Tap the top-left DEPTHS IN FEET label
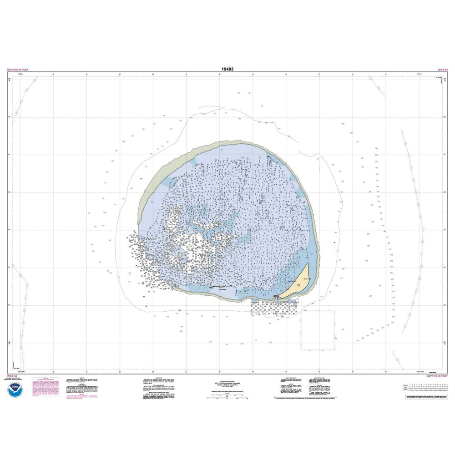tap(18, 70)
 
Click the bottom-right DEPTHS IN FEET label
tap(437, 376)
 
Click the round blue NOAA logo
tap(15, 391)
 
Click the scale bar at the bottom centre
tap(227, 399)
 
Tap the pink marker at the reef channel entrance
tap(276, 298)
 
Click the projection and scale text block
tap(227, 385)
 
